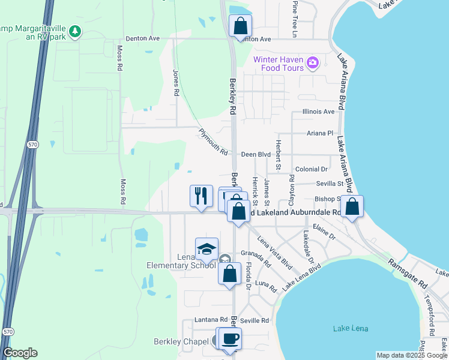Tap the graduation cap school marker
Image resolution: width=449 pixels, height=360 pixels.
tap(207, 249)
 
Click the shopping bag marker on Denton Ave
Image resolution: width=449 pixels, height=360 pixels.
tap(240, 26)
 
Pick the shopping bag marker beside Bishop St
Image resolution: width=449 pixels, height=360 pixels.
tap(353, 207)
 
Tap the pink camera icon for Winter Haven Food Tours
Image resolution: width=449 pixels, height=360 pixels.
tap(312, 62)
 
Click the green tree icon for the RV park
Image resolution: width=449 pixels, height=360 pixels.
tap(74, 31)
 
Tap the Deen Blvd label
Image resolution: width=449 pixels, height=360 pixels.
tap(256, 155)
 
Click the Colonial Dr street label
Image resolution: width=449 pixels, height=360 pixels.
tap(311, 170)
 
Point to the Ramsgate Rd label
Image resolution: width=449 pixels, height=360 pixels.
tap(406, 273)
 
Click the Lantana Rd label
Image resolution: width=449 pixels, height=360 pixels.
tap(211, 320)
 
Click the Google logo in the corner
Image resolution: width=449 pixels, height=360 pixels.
tap(20, 353)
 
